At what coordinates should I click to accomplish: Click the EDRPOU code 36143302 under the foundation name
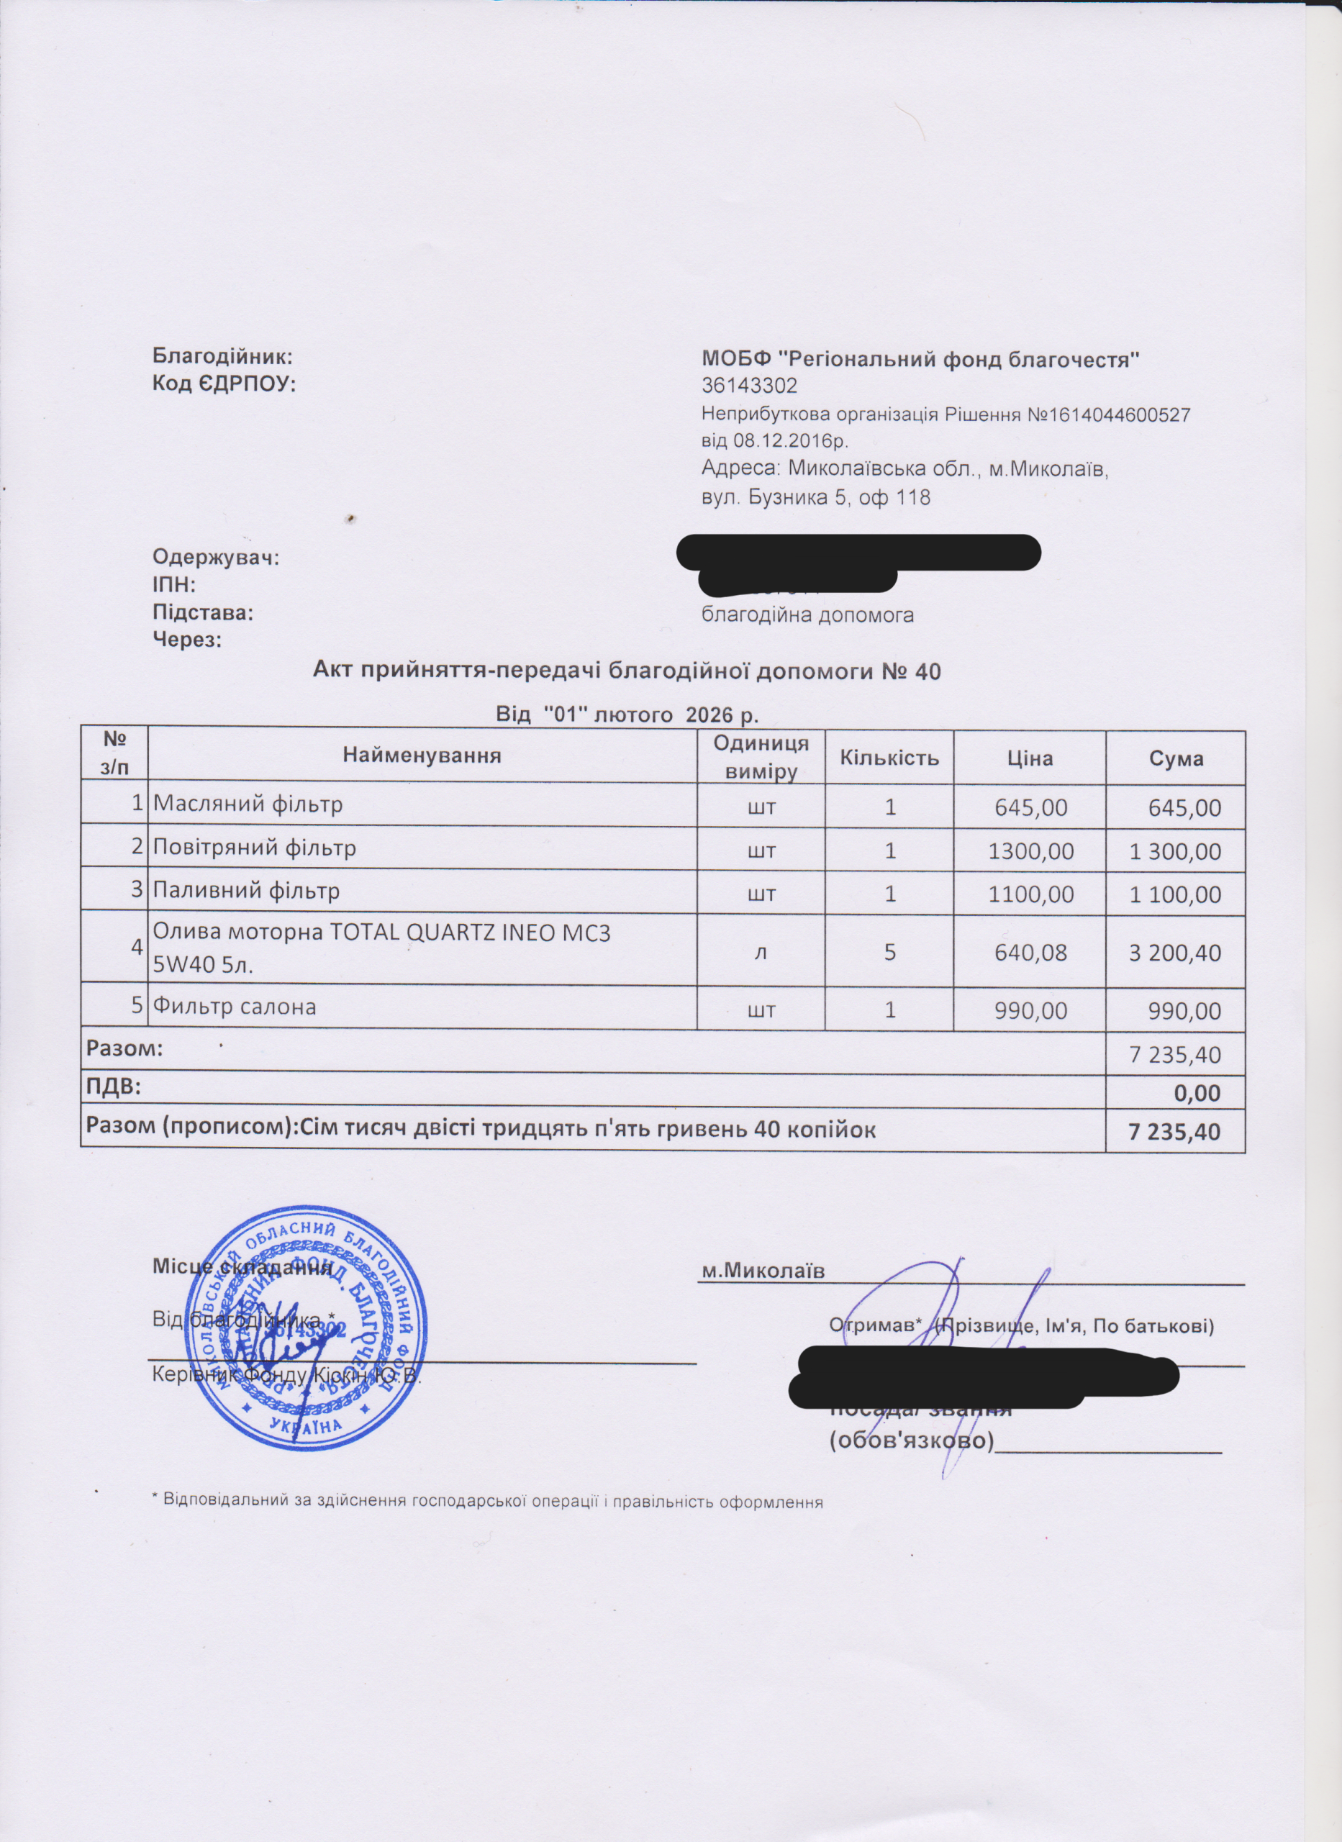pos(749,384)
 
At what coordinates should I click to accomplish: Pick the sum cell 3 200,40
pos(1174,953)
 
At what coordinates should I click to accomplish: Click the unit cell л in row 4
pos(761,952)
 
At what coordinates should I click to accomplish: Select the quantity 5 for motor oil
pos(890,952)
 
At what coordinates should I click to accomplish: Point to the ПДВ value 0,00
pos(1197,1093)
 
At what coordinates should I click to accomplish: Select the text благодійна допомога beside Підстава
pos(807,614)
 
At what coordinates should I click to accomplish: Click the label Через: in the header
pos(188,640)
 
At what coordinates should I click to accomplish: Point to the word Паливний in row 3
pos(199,891)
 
